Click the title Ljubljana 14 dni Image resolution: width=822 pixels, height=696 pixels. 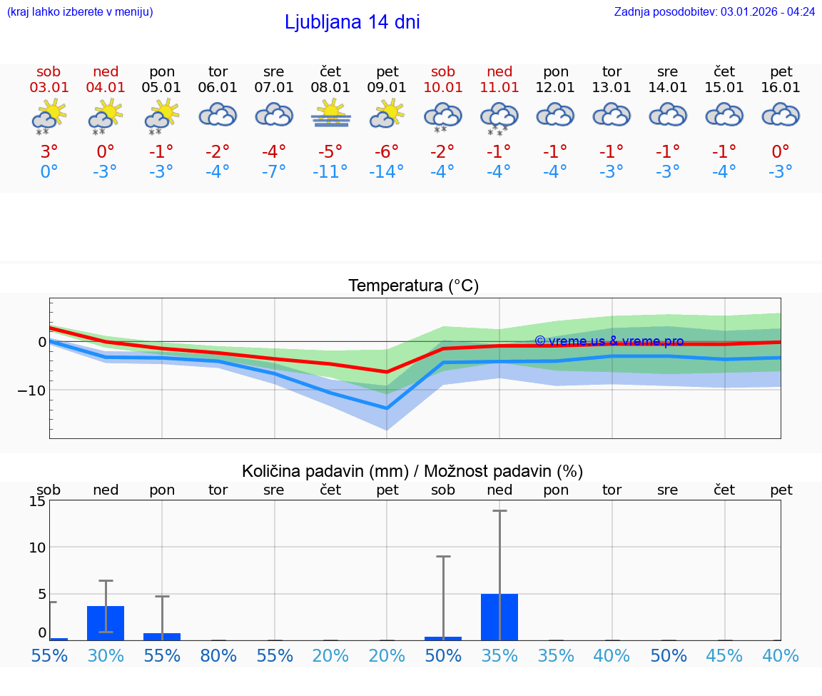pos(352,22)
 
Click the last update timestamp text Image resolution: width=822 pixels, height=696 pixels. pos(714,11)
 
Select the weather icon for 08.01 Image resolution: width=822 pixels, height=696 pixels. pos(330,114)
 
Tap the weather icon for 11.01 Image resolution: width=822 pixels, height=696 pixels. pos(499,117)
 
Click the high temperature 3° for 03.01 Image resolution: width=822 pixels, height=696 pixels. pos(49,152)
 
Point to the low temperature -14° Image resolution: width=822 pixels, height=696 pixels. pos(387,172)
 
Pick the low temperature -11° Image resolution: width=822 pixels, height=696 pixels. pos(330,172)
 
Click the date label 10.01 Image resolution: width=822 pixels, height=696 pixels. pos(443,88)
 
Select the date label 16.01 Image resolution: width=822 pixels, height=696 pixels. pos(781,88)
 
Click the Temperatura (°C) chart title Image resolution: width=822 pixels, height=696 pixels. pos(413,286)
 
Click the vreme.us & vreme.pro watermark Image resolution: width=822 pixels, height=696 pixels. pos(609,341)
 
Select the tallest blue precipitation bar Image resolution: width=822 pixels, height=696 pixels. pos(499,617)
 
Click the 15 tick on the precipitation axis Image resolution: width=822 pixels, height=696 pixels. pos(37,501)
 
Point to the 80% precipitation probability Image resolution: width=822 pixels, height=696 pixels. pos(218,655)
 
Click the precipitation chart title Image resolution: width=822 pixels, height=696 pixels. pos(412,471)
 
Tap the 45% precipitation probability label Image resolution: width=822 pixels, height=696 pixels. pos(724,655)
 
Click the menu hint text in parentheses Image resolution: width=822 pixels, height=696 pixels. pos(80,11)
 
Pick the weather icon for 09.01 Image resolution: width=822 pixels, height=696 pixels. pos(387,114)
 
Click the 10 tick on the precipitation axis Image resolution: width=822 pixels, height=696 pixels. pos(37,548)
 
